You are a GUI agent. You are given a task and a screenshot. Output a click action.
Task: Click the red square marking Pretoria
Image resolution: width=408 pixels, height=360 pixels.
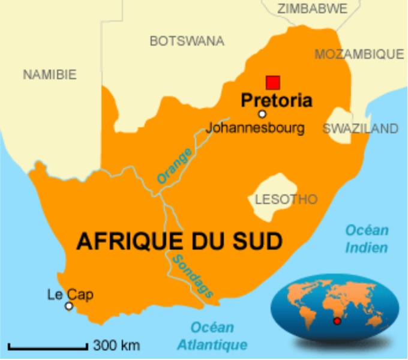click(273, 82)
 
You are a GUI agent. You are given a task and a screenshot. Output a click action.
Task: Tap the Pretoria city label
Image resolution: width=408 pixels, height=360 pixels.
click(277, 100)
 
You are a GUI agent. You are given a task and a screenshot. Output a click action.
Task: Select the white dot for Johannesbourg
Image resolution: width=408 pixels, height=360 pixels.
click(262, 114)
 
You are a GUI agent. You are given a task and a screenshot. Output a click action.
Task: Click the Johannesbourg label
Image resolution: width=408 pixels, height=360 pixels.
click(255, 128)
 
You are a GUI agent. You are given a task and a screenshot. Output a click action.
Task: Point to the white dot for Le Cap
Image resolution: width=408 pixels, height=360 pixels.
click(69, 306)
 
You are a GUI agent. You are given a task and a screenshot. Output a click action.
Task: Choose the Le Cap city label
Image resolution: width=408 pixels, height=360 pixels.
click(70, 295)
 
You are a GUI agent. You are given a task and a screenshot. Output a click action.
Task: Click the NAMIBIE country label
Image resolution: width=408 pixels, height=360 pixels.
click(50, 75)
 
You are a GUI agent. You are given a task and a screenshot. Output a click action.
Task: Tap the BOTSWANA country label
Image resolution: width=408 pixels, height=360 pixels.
click(187, 41)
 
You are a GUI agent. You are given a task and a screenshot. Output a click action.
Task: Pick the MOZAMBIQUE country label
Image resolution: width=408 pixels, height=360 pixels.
click(359, 54)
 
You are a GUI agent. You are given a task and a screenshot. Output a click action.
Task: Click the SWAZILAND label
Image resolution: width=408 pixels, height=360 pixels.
click(360, 128)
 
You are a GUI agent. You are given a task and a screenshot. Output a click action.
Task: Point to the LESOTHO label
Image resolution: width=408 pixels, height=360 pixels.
click(286, 199)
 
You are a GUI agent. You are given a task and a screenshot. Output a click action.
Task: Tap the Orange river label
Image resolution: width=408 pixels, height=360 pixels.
click(175, 165)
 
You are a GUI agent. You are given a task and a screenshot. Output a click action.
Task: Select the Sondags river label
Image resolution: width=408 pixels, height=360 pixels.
click(193, 275)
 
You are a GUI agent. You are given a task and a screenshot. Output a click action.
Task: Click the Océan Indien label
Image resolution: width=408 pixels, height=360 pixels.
click(367, 238)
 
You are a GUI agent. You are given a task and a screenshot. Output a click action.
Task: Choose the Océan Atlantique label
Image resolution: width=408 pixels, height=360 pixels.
click(212, 336)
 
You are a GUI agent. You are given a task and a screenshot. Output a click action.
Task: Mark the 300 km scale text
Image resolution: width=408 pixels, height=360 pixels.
click(116, 345)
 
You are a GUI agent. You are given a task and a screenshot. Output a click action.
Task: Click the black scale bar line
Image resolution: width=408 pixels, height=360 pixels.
click(48, 346)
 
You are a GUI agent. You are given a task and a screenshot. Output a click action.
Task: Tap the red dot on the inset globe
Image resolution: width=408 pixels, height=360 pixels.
click(337, 322)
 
